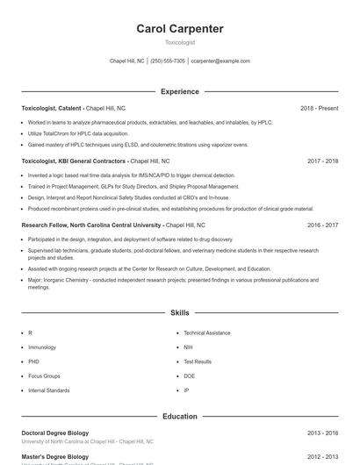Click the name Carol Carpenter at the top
(x=180, y=29)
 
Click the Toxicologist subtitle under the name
(x=180, y=42)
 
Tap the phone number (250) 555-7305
(x=168, y=61)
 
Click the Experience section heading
(x=180, y=91)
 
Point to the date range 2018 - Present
(x=319, y=108)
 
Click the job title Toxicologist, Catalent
(x=51, y=108)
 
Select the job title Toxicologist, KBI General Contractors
(x=75, y=161)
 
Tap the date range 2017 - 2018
(x=322, y=161)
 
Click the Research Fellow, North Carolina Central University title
(x=91, y=225)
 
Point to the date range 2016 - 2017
(x=322, y=225)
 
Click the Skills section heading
(x=180, y=312)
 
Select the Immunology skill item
(x=41, y=347)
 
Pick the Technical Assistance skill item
(x=207, y=333)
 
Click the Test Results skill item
(x=198, y=361)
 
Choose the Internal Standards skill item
(x=48, y=390)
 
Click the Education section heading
(x=180, y=416)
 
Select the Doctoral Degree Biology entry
(x=55, y=433)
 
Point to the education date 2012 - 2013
(x=322, y=456)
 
